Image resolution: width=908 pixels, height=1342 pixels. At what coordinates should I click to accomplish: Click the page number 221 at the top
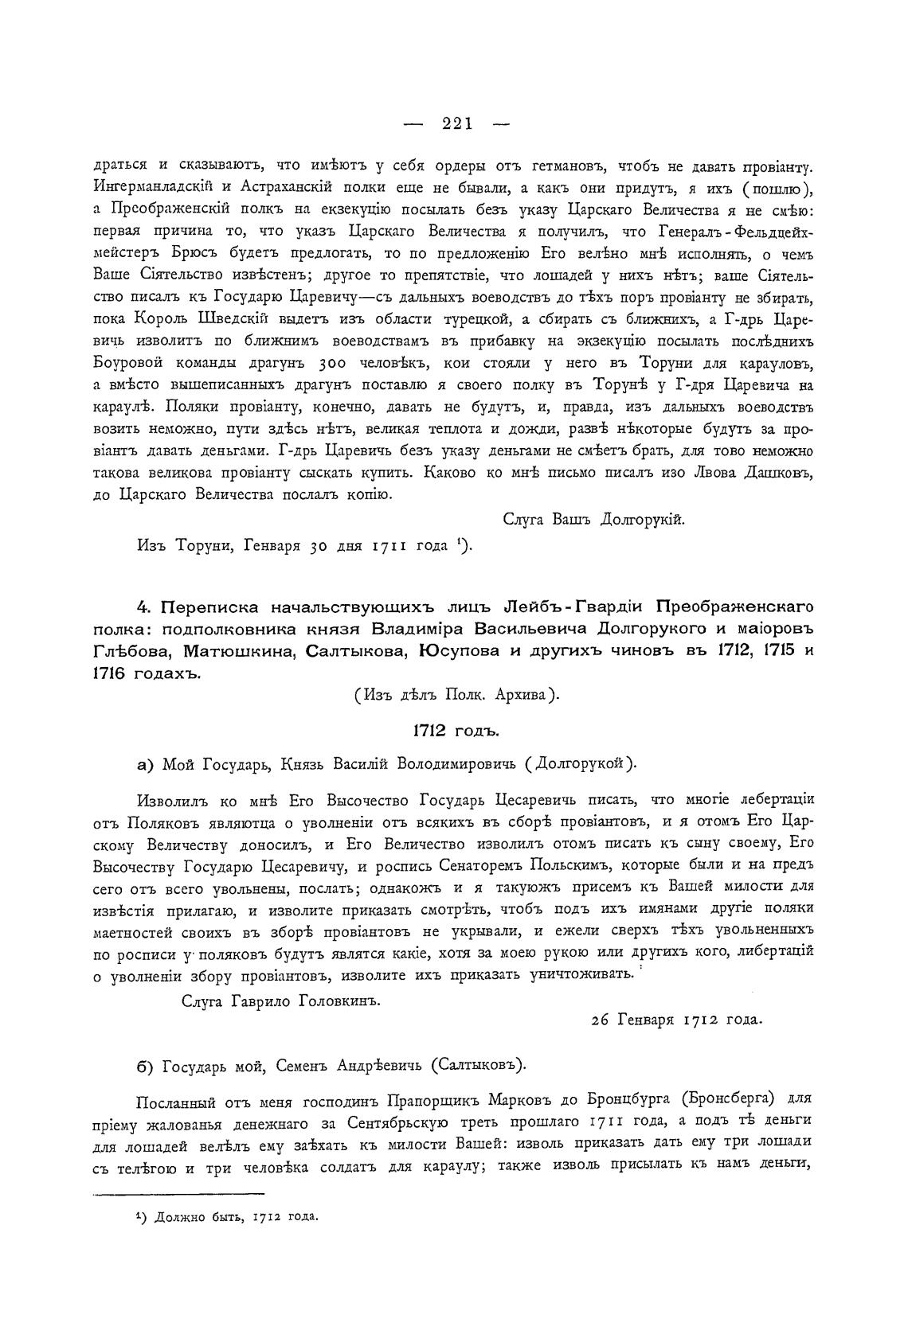point(457,123)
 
